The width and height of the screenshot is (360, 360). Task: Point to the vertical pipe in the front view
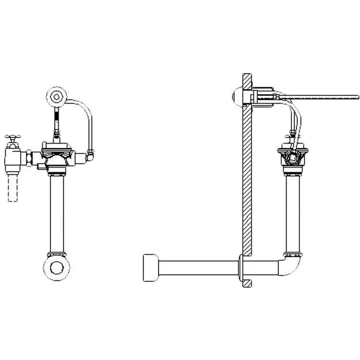57,211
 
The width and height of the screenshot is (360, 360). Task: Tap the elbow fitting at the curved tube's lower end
90,155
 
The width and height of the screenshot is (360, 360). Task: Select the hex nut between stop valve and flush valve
30,156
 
